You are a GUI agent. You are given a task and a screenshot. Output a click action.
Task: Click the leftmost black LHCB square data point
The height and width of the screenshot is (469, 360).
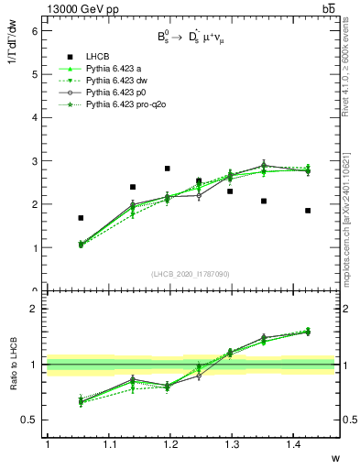click(x=81, y=218)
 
